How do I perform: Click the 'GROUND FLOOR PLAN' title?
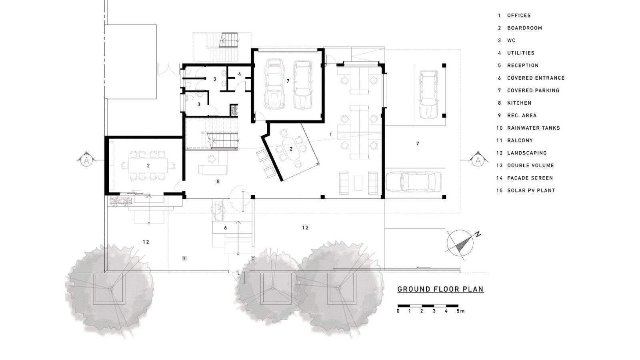(x=440, y=289)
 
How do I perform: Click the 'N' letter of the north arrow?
(x=478, y=235)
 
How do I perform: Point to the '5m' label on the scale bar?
(x=460, y=311)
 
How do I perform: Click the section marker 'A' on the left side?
(x=86, y=161)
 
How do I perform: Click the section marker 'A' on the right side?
(x=478, y=161)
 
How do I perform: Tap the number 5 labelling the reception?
(x=218, y=182)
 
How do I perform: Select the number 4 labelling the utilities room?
(x=240, y=74)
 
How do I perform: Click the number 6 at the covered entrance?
(x=226, y=228)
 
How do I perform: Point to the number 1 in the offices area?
(x=330, y=134)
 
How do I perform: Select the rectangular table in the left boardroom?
(x=148, y=166)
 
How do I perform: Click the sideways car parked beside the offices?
(x=414, y=182)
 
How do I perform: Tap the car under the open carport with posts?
(x=428, y=94)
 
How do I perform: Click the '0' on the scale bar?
(x=398, y=311)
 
